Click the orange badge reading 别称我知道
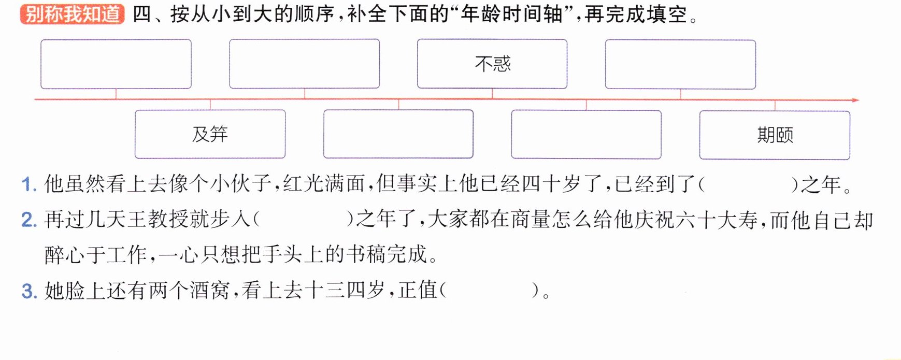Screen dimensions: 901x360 [72, 14]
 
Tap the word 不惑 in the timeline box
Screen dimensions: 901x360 [493, 64]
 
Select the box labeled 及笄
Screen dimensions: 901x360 [210, 134]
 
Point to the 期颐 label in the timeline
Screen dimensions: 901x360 [775, 135]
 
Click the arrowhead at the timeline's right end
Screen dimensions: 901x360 [855, 100]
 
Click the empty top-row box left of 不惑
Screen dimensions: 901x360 [304, 64]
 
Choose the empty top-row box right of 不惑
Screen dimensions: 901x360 [680, 64]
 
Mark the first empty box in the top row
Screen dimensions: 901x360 [116, 64]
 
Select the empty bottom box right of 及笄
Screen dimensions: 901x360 [398, 134]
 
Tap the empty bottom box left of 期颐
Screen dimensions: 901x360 [586, 134]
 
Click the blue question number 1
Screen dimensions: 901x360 [28, 185]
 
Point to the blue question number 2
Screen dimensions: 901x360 [28, 220]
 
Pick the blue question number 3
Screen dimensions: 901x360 [28, 291]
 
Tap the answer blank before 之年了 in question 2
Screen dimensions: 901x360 [303, 220]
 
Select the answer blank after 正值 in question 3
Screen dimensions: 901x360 [490, 290]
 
